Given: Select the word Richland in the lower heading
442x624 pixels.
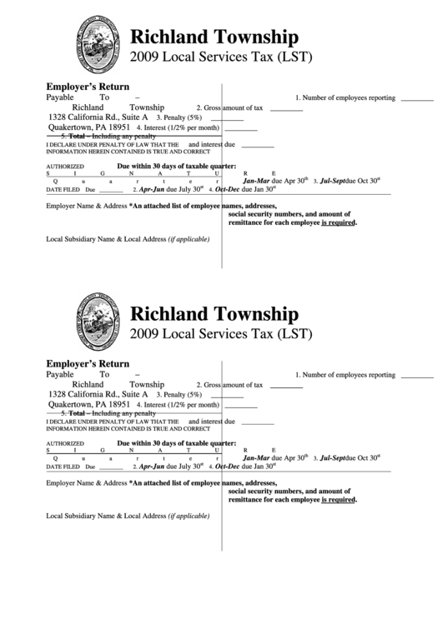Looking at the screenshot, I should pos(170,315).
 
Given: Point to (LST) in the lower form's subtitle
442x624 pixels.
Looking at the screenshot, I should pos(293,335).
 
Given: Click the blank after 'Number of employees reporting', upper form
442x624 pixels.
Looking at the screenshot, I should pos(416,97).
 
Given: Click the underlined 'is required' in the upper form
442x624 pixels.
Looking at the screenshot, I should pos(339,223).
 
